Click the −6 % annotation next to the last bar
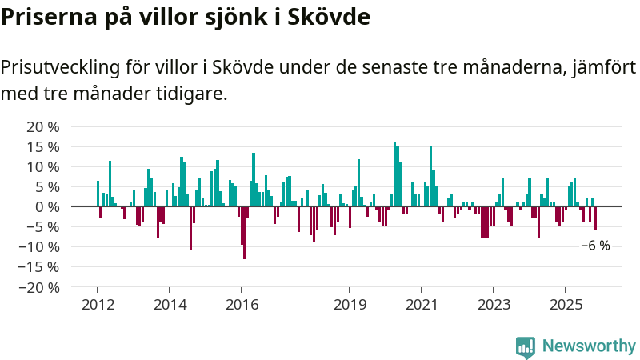click(595, 246)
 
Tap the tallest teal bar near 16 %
click(394, 174)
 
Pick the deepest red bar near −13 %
click(244, 232)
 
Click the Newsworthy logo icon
click(526, 346)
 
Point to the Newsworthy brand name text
click(589, 346)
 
